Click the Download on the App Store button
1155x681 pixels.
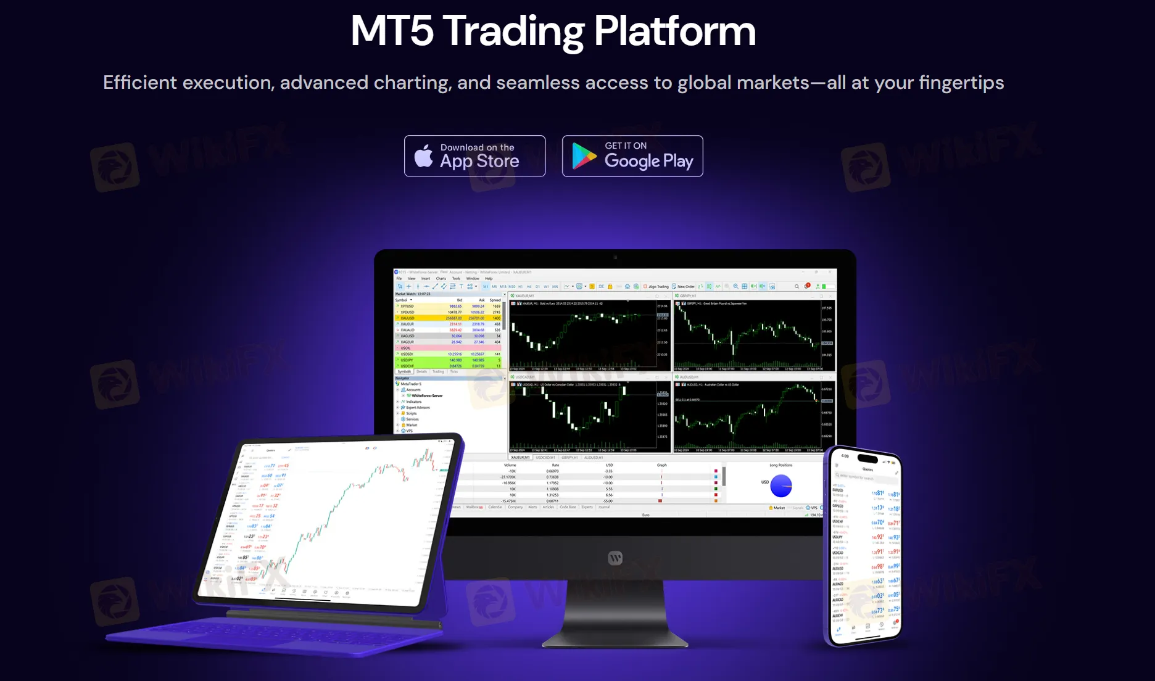474,156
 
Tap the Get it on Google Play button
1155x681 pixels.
632,156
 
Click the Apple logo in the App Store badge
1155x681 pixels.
424,156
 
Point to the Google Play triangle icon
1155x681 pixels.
584,156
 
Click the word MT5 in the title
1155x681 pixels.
392,30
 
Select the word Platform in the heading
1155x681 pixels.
674,30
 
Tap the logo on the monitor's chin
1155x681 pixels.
615,558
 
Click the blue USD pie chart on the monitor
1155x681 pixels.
781,486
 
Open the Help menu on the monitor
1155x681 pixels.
489,279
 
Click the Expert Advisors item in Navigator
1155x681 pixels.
418,408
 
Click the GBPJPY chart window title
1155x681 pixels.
688,296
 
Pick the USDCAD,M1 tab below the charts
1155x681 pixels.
545,458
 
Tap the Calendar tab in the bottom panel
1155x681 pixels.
495,507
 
